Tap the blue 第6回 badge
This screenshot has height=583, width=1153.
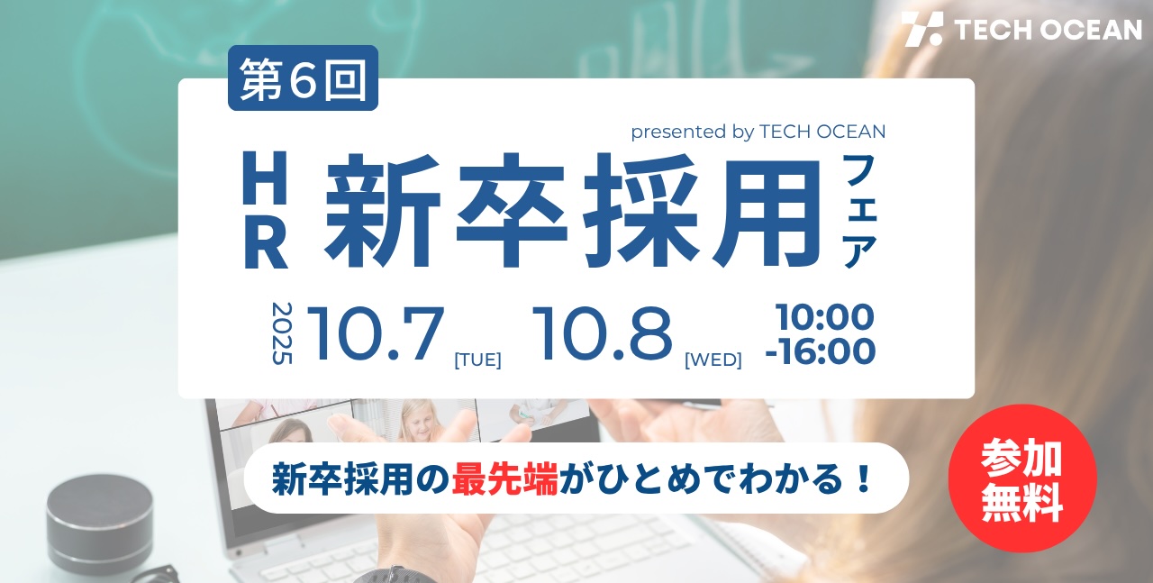click(x=304, y=77)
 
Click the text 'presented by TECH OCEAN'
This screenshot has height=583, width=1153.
click(x=758, y=132)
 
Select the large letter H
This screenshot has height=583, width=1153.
click(x=265, y=178)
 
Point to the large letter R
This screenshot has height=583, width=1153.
click(x=266, y=242)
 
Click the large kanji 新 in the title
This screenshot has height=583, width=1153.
click(x=382, y=210)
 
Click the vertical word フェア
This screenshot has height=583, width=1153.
click(x=860, y=211)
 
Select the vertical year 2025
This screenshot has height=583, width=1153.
click(x=282, y=333)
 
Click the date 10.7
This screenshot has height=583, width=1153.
click(x=376, y=333)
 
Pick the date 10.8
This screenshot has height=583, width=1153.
click(x=603, y=333)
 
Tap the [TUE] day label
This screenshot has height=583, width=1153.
click(x=477, y=360)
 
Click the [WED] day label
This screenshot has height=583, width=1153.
click(x=713, y=360)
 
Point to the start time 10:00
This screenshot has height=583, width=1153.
click(x=825, y=317)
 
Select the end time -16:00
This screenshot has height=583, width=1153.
click(x=821, y=351)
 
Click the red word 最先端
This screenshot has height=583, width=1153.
click(x=505, y=479)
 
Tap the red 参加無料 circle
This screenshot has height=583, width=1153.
click(x=1022, y=479)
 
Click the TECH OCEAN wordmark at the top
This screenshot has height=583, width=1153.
click(x=1048, y=30)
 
